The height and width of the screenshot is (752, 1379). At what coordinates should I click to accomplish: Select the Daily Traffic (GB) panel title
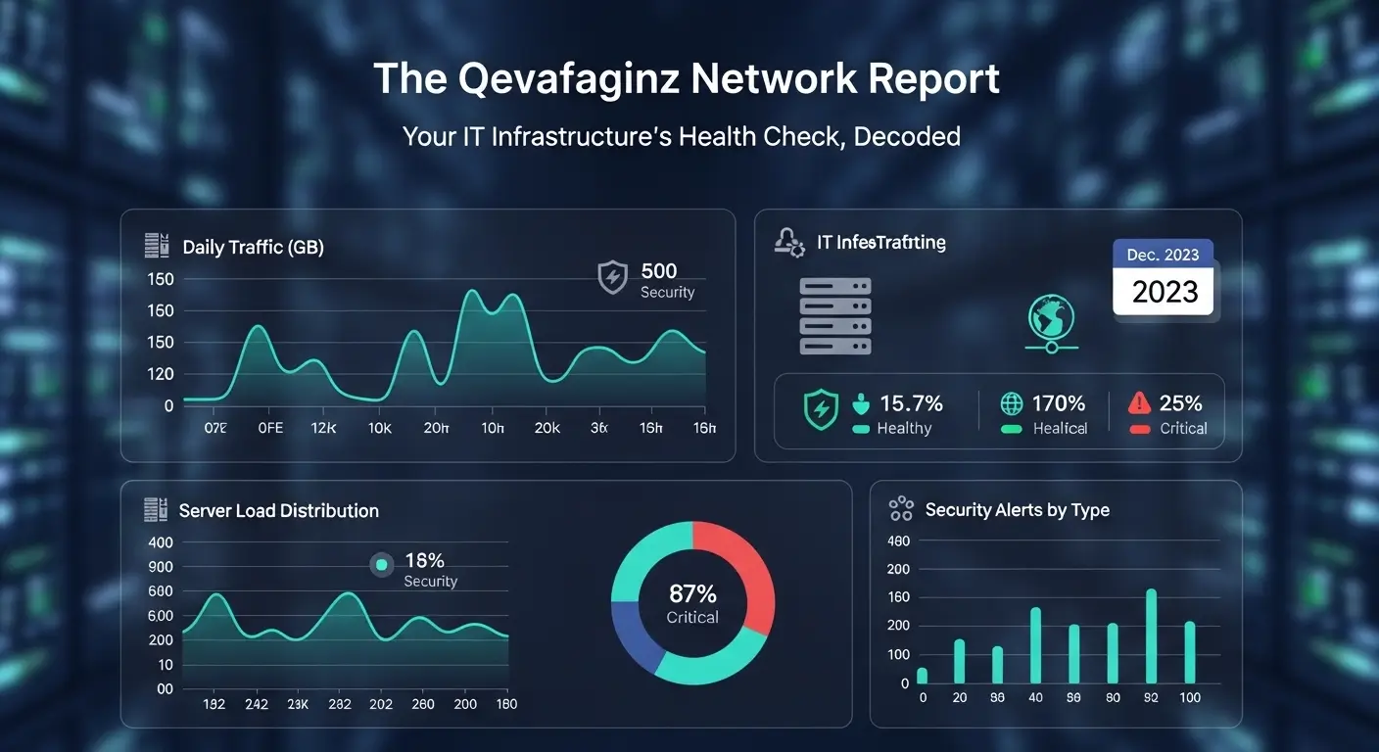253,248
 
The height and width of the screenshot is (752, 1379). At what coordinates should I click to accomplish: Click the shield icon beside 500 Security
612,277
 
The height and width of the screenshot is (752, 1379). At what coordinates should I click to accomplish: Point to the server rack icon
834,315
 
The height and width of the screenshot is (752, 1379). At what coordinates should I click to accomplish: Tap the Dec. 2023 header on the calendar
1163,255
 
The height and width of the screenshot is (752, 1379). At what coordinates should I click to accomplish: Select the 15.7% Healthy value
911,403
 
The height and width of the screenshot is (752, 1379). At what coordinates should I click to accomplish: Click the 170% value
1058,403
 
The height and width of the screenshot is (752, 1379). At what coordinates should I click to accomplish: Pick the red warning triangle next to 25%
1138,402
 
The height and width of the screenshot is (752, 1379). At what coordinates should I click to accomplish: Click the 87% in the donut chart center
692,593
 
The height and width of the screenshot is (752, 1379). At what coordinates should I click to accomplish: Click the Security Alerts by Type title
1017,510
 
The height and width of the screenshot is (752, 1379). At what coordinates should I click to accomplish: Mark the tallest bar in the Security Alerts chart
1151,635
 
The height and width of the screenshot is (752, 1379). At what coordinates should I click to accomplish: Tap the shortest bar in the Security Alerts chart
922,675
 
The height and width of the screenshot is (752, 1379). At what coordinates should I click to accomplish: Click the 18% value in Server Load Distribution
424,561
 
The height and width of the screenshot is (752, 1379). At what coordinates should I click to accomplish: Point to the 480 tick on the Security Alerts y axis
898,541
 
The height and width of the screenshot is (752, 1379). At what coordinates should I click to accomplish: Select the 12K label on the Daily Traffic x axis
323,428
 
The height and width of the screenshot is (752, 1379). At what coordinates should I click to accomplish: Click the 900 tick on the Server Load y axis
161,567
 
